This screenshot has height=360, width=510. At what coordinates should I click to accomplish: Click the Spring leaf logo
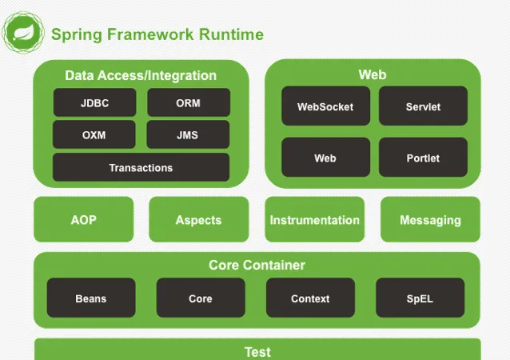[23, 34]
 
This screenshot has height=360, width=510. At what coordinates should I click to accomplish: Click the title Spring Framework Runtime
[157, 34]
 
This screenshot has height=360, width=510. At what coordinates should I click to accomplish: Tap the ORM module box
[188, 103]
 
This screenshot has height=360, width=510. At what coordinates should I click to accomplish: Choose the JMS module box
[188, 135]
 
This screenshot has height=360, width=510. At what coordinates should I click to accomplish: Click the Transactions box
[141, 168]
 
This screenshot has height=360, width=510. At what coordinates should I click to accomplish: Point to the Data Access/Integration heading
[141, 76]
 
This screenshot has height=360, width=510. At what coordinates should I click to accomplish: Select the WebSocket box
[325, 106]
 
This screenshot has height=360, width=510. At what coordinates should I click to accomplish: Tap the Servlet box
[423, 106]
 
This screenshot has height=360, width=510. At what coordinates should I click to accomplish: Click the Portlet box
[423, 158]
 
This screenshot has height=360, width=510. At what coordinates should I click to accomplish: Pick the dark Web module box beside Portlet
[325, 158]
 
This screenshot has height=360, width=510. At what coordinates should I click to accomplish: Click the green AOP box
[84, 220]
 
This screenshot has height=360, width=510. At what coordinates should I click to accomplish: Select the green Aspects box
[198, 220]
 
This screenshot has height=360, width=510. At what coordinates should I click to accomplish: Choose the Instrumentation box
[314, 220]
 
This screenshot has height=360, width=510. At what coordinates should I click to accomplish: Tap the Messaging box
[430, 220]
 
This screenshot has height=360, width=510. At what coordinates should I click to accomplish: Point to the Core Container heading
[257, 265]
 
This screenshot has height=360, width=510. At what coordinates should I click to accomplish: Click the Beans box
[90, 298]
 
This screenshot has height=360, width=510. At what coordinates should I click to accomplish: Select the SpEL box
[419, 298]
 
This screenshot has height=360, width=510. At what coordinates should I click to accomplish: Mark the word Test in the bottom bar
[257, 351]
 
